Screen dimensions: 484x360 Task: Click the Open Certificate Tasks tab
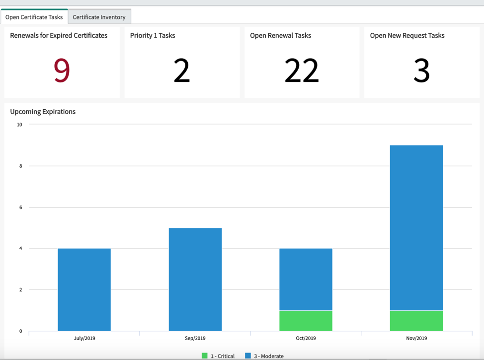coord(34,17)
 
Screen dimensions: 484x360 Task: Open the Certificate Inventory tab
coord(99,17)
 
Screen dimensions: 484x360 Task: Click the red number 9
coord(62,71)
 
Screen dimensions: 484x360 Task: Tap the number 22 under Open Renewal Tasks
coord(301,71)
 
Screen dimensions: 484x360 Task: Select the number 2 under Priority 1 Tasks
coord(182,71)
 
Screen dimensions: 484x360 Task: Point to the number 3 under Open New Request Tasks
coord(421,71)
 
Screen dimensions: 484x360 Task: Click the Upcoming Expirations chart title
coord(43,112)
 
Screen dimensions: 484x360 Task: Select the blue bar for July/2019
coord(84,289)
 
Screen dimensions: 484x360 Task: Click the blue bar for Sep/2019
coord(195,280)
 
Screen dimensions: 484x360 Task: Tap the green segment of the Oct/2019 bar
coord(306,321)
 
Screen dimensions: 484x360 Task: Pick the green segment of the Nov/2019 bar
coord(416,321)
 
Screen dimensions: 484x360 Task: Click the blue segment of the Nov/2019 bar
coord(416,227)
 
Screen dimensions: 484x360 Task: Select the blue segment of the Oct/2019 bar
coord(306,280)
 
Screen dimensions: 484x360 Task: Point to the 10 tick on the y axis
coord(19,125)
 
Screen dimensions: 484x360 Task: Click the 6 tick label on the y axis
coord(21,207)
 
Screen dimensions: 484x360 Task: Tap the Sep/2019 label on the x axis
coord(195,338)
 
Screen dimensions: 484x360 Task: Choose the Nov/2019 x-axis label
coord(416,338)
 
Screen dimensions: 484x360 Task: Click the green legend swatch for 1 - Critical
coord(204,356)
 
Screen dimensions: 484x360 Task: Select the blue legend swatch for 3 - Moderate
coord(248,356)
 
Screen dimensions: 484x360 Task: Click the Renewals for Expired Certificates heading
coord(59,35)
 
